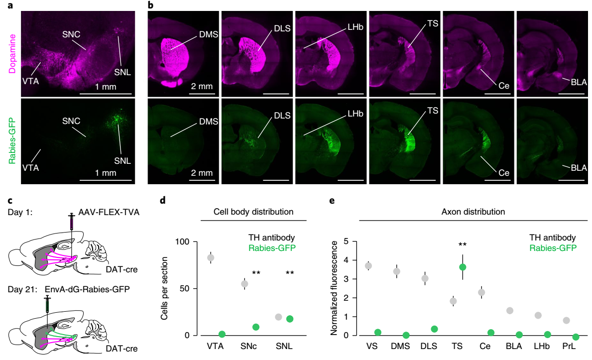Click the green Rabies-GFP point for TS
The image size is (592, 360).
point(463,267)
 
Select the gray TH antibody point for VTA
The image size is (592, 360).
point(211,257)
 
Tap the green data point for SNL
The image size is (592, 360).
point(290,319)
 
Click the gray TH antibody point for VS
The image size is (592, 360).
point(369,266)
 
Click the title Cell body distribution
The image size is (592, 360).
point(253,212)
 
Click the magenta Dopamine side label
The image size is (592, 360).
point(11,52)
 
